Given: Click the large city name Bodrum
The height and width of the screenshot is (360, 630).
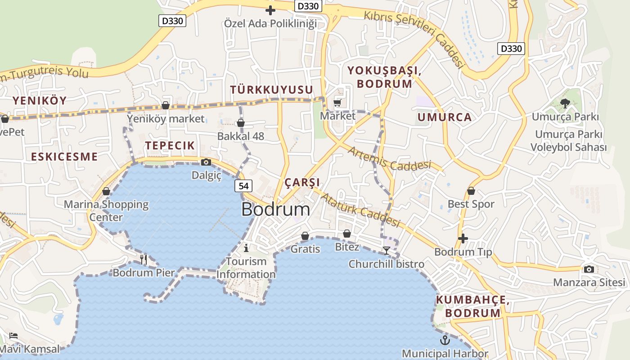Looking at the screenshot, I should click(x=275, y=210).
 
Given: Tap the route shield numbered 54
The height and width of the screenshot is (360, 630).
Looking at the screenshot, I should click(x=243, y=186).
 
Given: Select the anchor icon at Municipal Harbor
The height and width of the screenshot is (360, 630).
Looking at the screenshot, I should click(x=445, y=340).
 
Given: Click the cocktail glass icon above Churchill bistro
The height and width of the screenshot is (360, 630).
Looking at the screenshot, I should click(x=387, y=251).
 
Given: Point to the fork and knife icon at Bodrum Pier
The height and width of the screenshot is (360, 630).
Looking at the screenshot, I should click(x=144, y=259).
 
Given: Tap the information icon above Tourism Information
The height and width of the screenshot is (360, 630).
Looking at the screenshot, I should click(x=246, y=248).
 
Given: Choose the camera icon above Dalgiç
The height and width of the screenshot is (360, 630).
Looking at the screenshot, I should click(x=206, y=162).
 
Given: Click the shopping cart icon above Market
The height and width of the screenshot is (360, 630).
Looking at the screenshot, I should click(x=337, y=103).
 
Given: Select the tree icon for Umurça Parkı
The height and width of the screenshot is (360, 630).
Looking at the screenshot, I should click(x=565, y=103).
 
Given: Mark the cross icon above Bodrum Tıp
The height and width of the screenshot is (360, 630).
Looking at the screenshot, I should click(x=463, y=238).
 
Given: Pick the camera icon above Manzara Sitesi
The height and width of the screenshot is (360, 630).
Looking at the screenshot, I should click(x=589, y=269).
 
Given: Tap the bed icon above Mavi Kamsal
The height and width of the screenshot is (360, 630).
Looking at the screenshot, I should click(x=13, y=336).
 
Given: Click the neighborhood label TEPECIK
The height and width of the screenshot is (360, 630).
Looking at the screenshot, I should click(x=170, y=145).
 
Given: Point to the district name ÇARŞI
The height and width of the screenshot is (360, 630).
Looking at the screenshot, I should click(x=302, y=182).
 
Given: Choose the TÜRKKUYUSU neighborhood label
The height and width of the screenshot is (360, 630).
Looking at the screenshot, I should click(x=271, y=90).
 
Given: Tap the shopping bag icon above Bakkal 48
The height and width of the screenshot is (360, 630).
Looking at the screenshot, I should click(x=241, y=123).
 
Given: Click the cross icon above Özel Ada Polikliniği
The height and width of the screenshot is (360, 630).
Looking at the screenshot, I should click(x=270, y=10).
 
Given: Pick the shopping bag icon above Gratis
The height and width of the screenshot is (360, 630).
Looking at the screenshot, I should click(x=305, y=236).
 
